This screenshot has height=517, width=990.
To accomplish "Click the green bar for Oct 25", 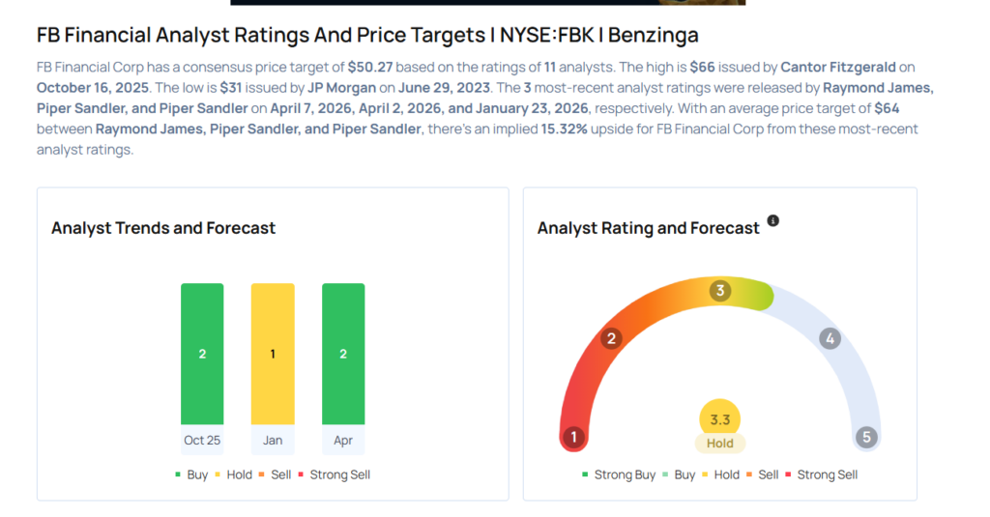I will tap(202, 354).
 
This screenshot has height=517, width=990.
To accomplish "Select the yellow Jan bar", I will tap(273, 354).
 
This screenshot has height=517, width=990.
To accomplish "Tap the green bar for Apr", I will tap(343, 354).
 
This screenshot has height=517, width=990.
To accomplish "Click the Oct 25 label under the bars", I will tap(202, 440).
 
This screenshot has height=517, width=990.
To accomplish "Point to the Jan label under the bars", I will tap(273, 440).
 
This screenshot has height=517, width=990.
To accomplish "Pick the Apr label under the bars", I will tap(343, 440).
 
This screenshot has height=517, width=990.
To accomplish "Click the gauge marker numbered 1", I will tap(573, 437).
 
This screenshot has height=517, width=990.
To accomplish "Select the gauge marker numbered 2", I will tap(611, 338).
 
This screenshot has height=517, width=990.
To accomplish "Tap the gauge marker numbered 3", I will tap(720, 291).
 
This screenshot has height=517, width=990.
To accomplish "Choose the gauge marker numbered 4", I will tap(829, 338).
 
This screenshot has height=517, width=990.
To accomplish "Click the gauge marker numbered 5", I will tap(866, 437).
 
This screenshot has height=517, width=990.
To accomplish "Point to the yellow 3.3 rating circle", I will tap(720, 419).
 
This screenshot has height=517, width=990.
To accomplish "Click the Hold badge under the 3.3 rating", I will tap(720, 444).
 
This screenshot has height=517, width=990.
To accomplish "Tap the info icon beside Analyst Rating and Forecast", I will tap(772, 221).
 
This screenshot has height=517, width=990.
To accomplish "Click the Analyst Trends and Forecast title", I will tap(163, 228).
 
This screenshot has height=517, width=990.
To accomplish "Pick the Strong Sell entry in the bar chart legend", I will tap(335, 474).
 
